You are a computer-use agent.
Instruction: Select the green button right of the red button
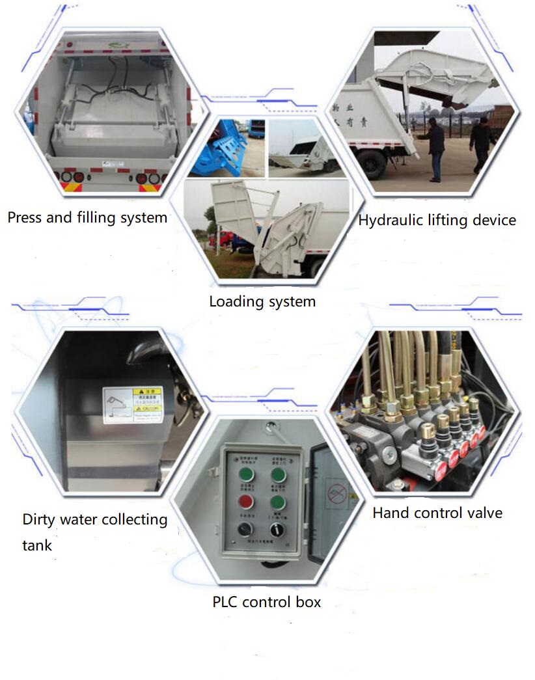pyautogui.click(x=278, y=502)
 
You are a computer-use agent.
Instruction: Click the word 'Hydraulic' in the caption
pyautogui.click(x=388, y=220)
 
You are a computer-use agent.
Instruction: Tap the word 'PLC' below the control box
pyautogui.click(x=225, y=602)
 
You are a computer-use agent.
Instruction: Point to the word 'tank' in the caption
pyautogui.click(x=37, y=545)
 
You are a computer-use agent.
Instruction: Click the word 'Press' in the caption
pyautogui.click(x=26, y=217)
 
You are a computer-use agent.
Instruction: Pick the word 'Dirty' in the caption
pyautogui.click(x=40, y=520)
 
